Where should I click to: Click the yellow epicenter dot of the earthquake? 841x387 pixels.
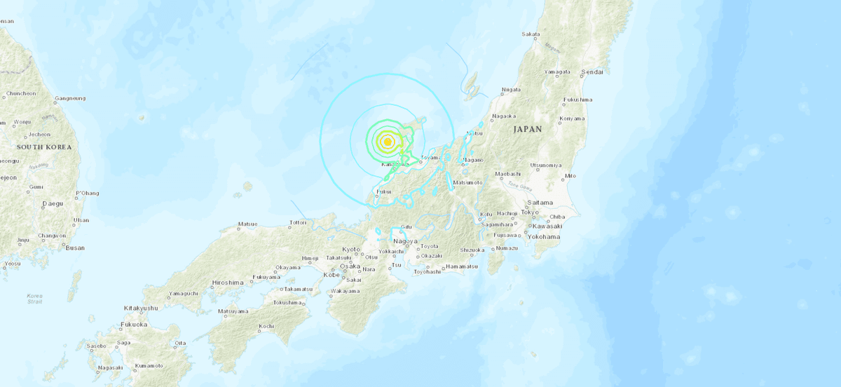[388, 142]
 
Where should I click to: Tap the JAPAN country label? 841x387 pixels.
[528, 129]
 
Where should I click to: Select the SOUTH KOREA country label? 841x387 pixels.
[41, 147]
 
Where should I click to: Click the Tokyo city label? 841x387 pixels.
[529, 212]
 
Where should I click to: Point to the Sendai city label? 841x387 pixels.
[592, 72]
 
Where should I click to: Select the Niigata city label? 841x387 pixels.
[511, 90]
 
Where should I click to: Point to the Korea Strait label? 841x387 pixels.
[34, 299]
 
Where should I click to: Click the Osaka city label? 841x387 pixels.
[350, 266]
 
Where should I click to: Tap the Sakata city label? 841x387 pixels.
[531, 34]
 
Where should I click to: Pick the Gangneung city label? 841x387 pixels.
[70, 98]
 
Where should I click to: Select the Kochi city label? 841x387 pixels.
[266, 326]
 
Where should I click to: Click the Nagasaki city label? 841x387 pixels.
[111, 367]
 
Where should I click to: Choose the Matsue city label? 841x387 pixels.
[248, 225]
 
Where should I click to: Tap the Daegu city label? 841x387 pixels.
[52, 203]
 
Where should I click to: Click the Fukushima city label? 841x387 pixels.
[578, 100]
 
